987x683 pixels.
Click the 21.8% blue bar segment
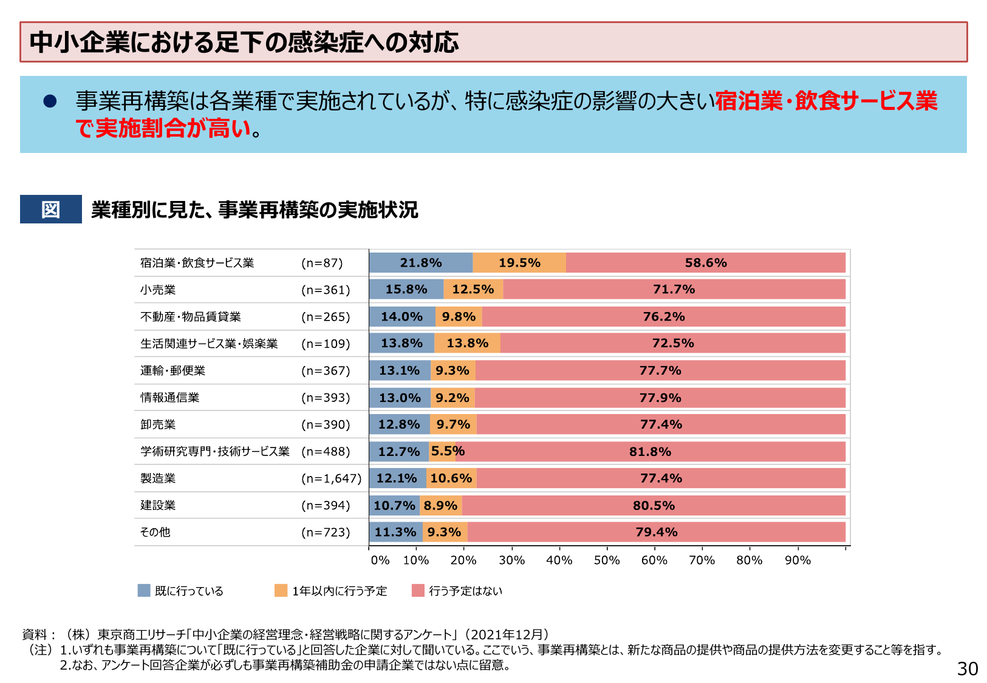pos(420,263)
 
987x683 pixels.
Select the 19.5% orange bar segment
pos(519,263)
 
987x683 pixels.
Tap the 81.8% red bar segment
pos(650,452)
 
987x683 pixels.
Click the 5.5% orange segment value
pos(448,451)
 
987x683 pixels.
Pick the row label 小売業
pos(158,290)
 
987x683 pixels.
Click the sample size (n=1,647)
pos(332,478)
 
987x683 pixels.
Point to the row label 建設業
pos(158,505)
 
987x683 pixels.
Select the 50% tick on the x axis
pos(606,560)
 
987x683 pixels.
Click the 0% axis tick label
pos(380,560)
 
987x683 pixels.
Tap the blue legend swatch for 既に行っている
pos(144,591)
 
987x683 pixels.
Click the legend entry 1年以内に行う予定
pos(339,591)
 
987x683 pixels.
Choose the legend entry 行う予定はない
pos(465,591)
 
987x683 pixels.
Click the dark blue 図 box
pos(51,209)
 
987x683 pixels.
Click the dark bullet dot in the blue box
pos(50,101)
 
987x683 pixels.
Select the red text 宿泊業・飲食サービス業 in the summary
pos(826,101)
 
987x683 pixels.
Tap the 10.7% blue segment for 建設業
pos(394,506)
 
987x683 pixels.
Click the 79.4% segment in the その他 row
pos(656,532)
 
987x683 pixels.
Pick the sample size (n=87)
pos(323,263)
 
